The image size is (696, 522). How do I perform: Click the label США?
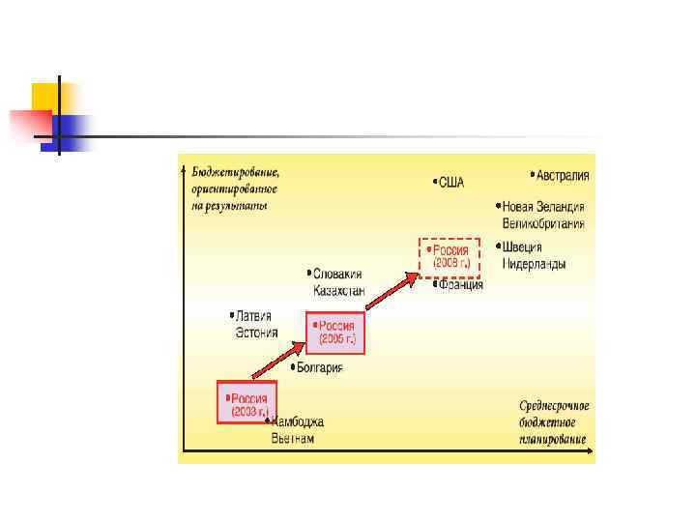click(451, 182)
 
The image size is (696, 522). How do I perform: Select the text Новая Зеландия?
click(543, 207)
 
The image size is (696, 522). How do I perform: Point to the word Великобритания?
click(543, 223)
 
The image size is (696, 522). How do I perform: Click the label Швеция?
click(522, 246)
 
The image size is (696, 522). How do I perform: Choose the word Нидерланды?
click(534, 263)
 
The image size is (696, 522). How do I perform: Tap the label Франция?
click(459, 285)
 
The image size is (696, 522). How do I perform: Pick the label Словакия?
click(337, 274)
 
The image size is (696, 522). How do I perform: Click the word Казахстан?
click(338, 290)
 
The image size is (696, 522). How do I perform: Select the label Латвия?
click(253, 315)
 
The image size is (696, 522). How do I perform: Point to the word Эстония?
click(256, 333)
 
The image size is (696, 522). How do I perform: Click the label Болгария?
click(319, 367)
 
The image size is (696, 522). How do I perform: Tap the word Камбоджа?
click(298, 421)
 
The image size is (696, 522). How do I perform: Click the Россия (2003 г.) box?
click(246, 403)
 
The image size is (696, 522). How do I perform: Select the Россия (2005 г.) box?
click(335, 333)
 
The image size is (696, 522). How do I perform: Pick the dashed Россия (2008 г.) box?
click(449, 256)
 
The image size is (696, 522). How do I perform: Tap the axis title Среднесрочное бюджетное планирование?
click(553, 422)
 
